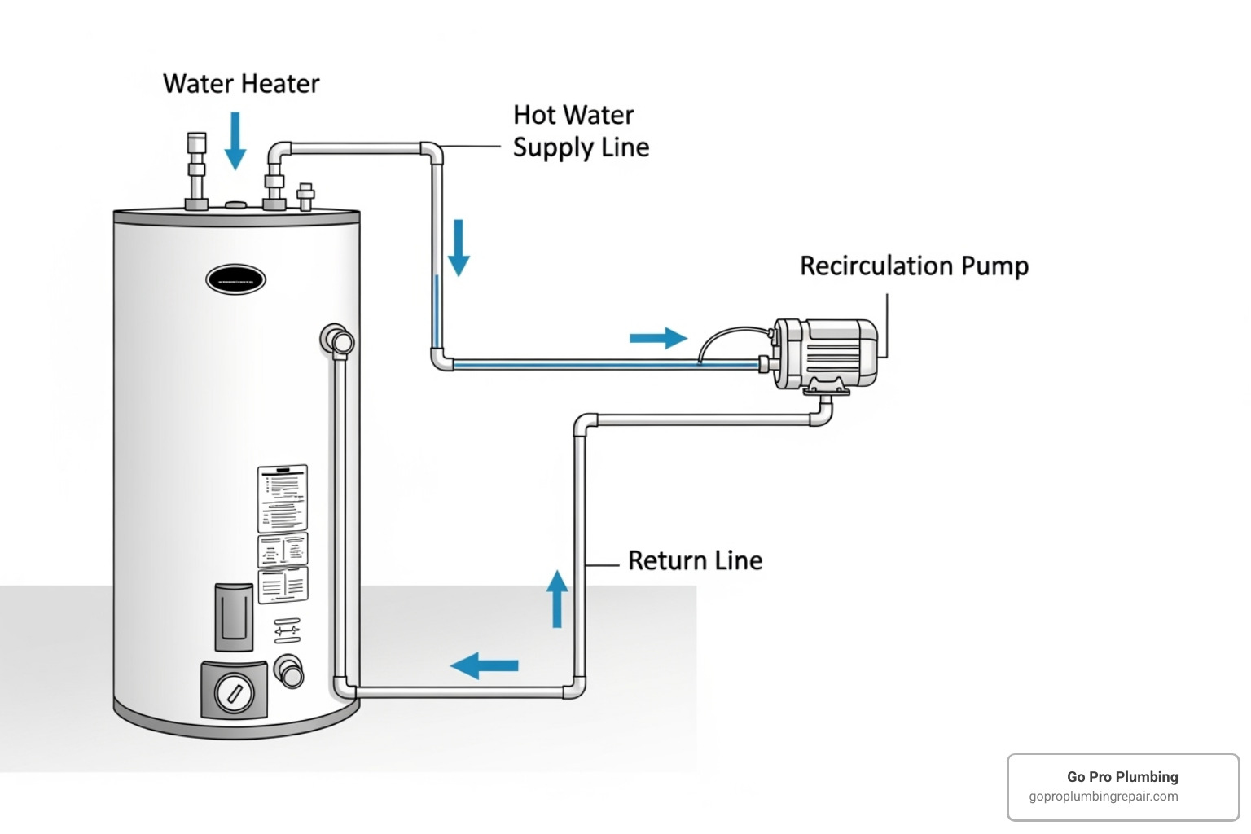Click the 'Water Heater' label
pyautogui.click(x=241, y=84)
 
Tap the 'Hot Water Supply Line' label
pyautogui.click(x=581, y=131)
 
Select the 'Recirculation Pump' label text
pyautogui.click(x=914, y=266)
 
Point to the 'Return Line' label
pyautogui.click(x=695, y=560)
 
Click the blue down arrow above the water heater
pyautogui.click(x=235, y=140)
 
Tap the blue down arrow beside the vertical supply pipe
pyautogui.click(x=459, y=247)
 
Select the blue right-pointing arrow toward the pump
pyautogui.click(x=658, y=338)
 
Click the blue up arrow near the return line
pyautogui.click(x=557, y=599)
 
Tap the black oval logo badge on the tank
pyautogui.click(x=235, y=280)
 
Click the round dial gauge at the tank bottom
pyautogui.click(x=234, y=694)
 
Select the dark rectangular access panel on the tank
pyautogui.click(x=234, y=616)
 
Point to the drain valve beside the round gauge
pyautogui.click(x=289, y=671)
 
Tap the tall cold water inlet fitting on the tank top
pyautogui.click(x=196, y=170)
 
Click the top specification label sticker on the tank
pyautogui.click(x=283, y=498)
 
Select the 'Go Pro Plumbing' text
pyautogui.click(x=1122, y=777)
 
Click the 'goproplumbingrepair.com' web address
pyautogui.click(x=1103, y=797)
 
